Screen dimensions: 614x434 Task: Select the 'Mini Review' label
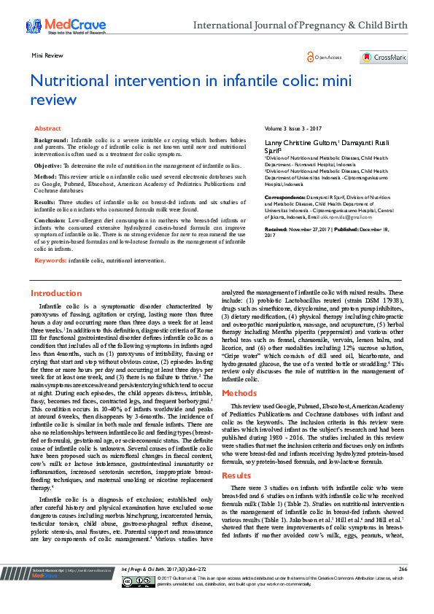click(x=46, y=55)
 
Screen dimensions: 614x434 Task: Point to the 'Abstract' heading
click(x=47, y=128)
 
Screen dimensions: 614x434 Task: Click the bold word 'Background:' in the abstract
click(x=51, y=139)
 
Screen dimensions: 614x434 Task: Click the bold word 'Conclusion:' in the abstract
click(x=50, y=219)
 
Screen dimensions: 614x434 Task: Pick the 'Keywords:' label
click(x=51, y=260)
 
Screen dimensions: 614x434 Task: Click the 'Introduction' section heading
click(x=56, y=293)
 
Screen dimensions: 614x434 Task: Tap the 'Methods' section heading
click(x=237, y=392)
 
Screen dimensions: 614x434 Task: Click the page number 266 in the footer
click(x=403, y=588)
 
